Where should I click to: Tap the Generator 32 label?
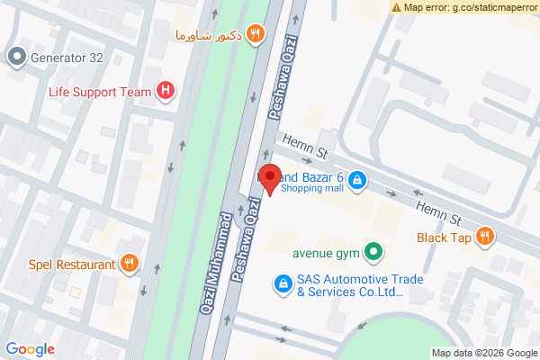point(68,58)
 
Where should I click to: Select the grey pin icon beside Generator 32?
point(16,58)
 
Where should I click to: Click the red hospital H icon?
point(166,90)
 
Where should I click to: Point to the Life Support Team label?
point(100,90)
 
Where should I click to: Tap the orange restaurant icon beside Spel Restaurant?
point(130,264)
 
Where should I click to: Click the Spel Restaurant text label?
point(72,265)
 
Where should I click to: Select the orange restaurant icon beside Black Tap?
point(486,238)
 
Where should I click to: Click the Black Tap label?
point(444,238)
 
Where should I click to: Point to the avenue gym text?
point(326,253)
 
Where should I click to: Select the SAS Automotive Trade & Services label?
point(347,285)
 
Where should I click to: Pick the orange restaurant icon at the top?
point(256,34)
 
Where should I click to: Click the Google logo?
point(30,349)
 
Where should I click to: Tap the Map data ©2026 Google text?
point(483,353)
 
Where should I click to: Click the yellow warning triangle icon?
point(397,7)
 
